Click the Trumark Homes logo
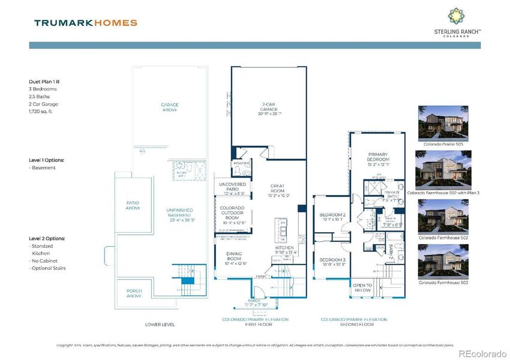tap(85, 23)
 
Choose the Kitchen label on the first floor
tap(284, 250)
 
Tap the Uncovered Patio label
tap(232, 188)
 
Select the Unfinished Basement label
tap(179, 214)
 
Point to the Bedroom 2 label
tap(332, 217)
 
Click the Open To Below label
tap(362, 287)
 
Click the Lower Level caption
tap(160, 324)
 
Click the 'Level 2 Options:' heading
tap(47, 238)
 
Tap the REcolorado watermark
tap(482, 353)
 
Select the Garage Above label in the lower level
tap(170, 107)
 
